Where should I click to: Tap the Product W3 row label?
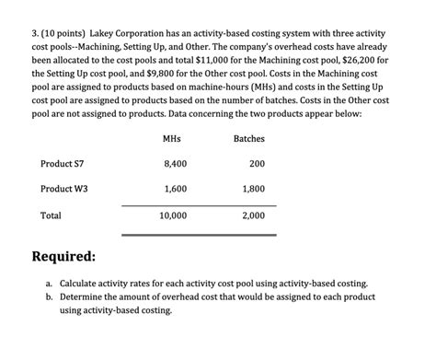64,189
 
